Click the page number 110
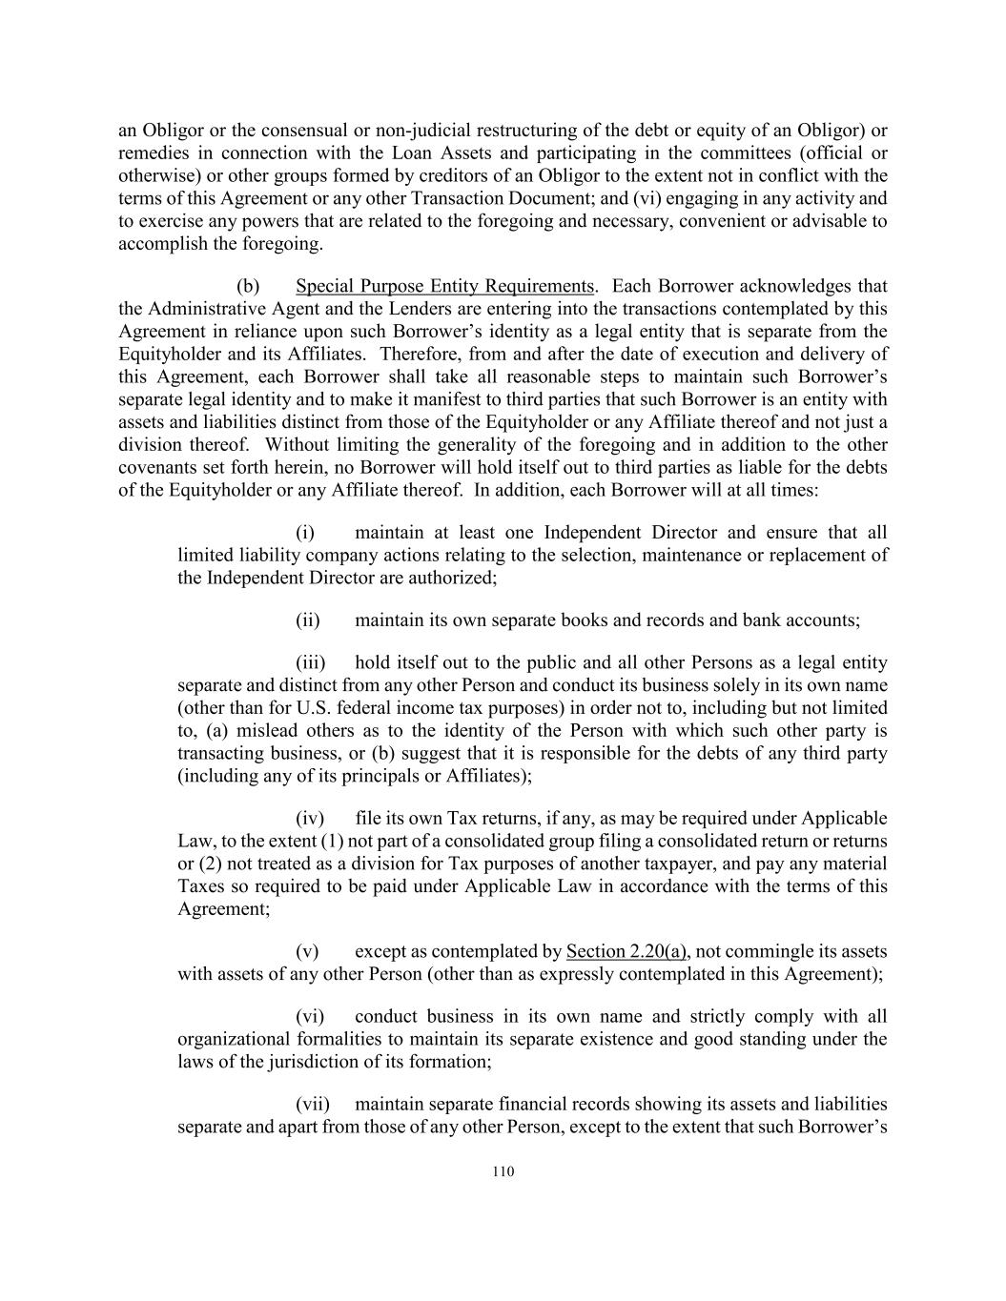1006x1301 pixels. [503, 1172]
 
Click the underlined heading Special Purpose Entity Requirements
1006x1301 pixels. [444, 286]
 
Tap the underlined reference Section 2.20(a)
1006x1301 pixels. [626, 951]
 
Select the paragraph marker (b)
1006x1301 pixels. [248, 286]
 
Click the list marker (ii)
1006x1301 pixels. [307, 620]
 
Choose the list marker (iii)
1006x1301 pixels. [310, 662]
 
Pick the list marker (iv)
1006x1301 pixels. [310, 818]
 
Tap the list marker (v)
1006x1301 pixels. [306, 951]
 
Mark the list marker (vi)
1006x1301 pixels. [310, 1016]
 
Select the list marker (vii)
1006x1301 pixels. [313, 1104]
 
